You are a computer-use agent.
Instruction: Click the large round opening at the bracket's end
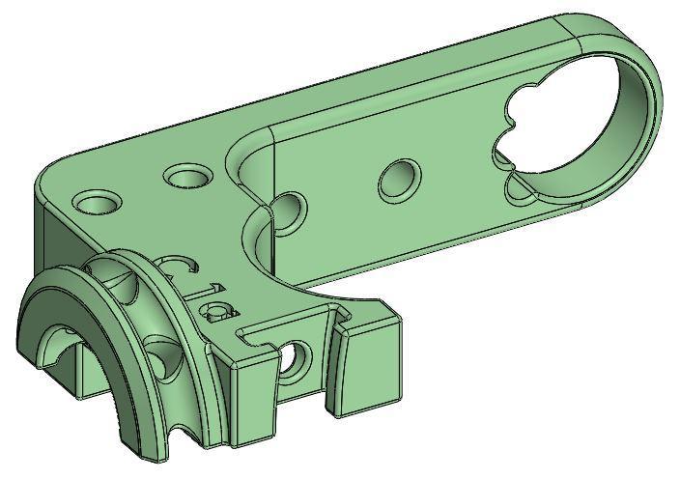pos(580,116)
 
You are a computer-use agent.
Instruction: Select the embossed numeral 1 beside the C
pos(205,293)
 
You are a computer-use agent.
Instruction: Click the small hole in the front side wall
pos(295,359)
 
